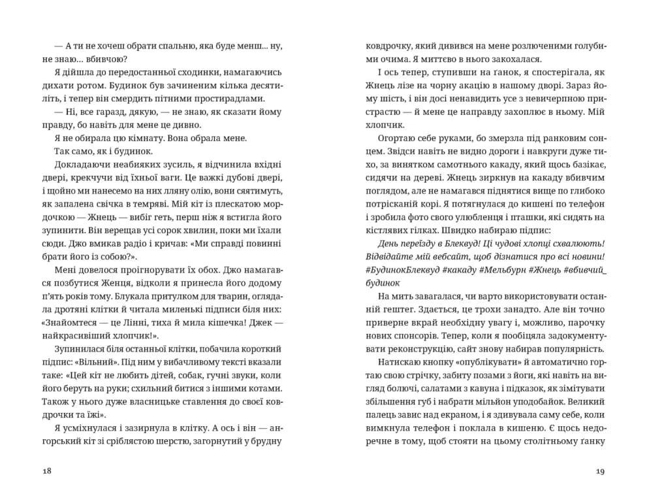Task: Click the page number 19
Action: click(601, 471)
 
